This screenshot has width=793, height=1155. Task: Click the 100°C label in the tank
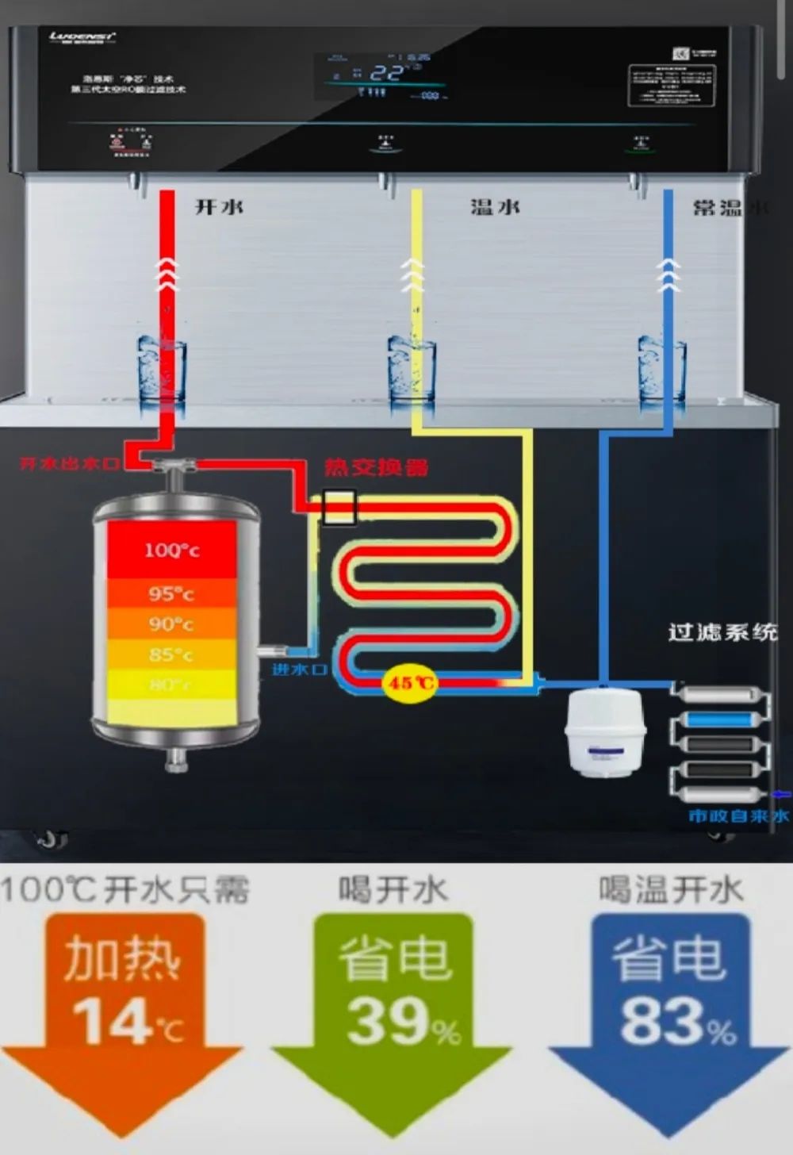coord(171,550)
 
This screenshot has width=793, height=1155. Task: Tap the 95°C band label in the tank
coord(171,593)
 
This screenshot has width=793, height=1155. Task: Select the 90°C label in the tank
coord(171,624)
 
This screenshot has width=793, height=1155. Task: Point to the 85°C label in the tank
coord(171,655)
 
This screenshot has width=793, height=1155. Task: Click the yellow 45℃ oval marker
coord(409,682)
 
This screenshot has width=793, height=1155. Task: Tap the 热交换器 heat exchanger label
coord(376,466)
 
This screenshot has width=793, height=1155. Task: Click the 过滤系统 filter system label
coord(722,632)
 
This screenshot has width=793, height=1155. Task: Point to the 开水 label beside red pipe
coord(219,207)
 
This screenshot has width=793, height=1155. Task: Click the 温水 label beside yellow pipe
coord(495,207)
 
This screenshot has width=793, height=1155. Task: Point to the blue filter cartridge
coord(720,720)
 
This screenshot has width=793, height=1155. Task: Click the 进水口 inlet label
coord(299,670)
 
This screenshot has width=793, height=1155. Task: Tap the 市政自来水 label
coord(737,816)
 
